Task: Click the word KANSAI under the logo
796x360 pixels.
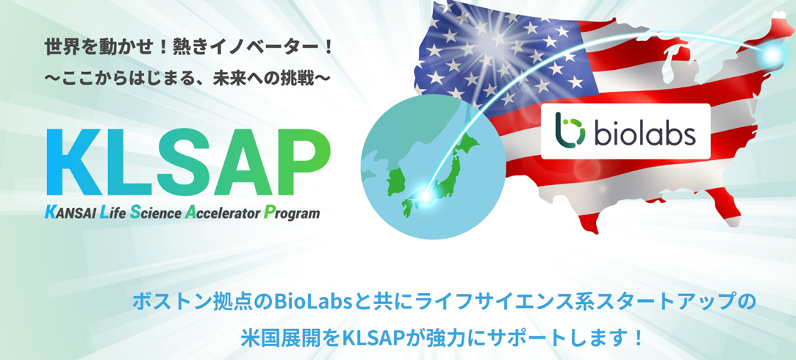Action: coord(71,214)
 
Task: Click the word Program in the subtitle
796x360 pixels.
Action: coord(293,215)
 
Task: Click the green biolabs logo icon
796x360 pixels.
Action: coord(569,132)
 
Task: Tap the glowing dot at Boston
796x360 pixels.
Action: coord(773,56)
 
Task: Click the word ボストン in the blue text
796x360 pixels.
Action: coord(165,301)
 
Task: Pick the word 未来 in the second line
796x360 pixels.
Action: coord(243,76)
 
